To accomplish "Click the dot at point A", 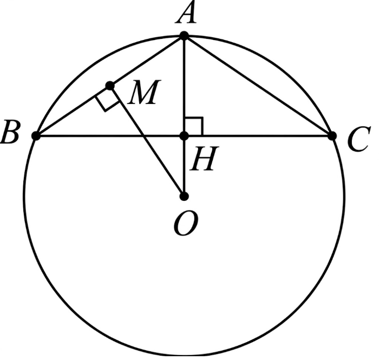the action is (184, 36).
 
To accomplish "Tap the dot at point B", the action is (36, 135).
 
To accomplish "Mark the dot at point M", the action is (110, 86).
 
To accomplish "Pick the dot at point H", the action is (184, 135).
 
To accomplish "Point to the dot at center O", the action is (184, 195).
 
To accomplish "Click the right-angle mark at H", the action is (193, 126).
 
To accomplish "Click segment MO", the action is (147, 141).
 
